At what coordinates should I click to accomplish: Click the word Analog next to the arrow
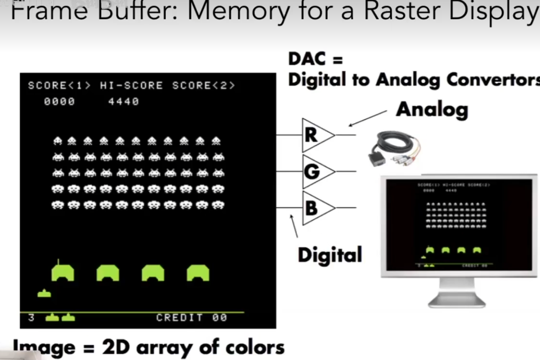click(432, 110)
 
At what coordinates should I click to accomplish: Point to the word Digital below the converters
click(329, 255)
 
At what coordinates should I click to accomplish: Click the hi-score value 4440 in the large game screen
click(123, 102)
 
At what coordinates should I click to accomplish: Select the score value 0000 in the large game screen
click(59, 102)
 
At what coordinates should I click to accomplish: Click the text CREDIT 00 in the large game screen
click(192, 318)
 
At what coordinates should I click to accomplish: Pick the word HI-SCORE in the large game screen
click(131, 86)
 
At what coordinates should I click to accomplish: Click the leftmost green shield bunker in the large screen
click(63, 273)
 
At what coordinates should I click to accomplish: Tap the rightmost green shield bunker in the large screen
click(198, 273)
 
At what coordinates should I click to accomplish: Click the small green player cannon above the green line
click(44, 293)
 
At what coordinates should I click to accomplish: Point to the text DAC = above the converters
click(315, 59)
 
